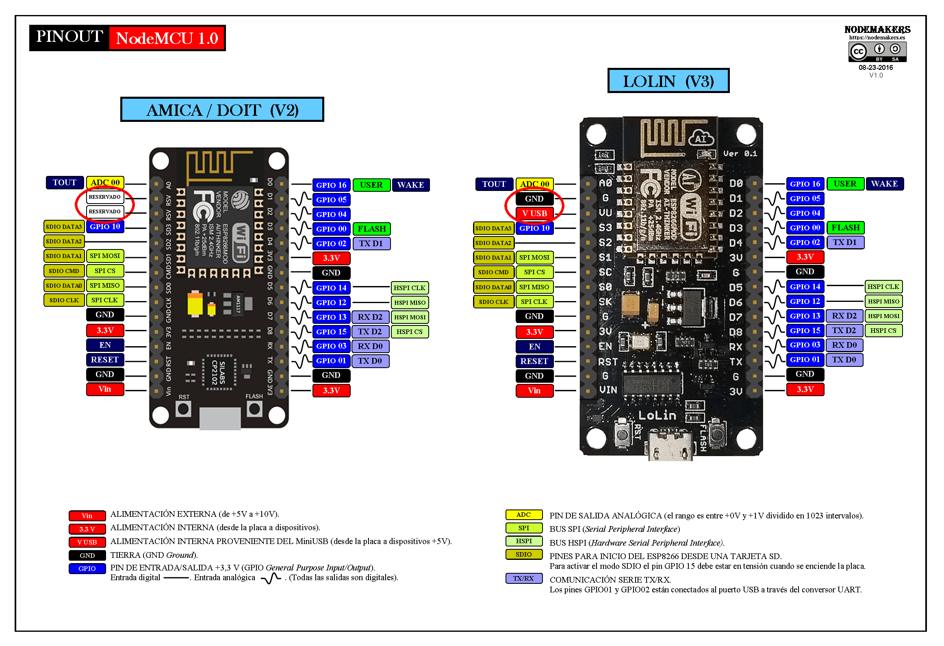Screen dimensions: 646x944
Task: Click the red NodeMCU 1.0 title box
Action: (x=167, y=38)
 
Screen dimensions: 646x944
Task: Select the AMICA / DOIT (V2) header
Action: (x=222, y=110)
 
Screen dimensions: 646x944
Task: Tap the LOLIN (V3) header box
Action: (x=668, y=81)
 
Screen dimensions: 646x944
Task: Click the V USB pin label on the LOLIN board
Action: (x=534, y=213)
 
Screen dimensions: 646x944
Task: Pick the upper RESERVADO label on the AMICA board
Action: (x=105, y=197)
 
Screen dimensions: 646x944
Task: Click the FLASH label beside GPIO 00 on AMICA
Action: (x=371, y=229)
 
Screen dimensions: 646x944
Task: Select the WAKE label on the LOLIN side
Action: (x=884, y=184)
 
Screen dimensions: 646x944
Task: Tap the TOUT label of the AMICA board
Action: (x=65, y=182)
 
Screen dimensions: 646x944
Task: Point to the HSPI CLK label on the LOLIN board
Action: (x=883, y=286)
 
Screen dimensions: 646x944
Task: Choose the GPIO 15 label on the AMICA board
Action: (x=331, y=332)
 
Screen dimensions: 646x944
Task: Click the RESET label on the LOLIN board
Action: (x=534, y=361)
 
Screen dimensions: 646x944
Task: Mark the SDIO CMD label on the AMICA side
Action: (x=64, y=271)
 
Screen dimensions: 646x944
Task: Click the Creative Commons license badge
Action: (x=877, y=52)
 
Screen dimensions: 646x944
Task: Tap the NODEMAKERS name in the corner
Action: (x=877, y=30)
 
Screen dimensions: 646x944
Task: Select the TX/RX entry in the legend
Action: (x=523, y=578)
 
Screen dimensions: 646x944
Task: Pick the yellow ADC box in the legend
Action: (x=523, y=515)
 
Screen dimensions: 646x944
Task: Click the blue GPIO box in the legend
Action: (x=87, y=568)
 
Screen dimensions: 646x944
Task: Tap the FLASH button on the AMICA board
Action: (x=254, y=409)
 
